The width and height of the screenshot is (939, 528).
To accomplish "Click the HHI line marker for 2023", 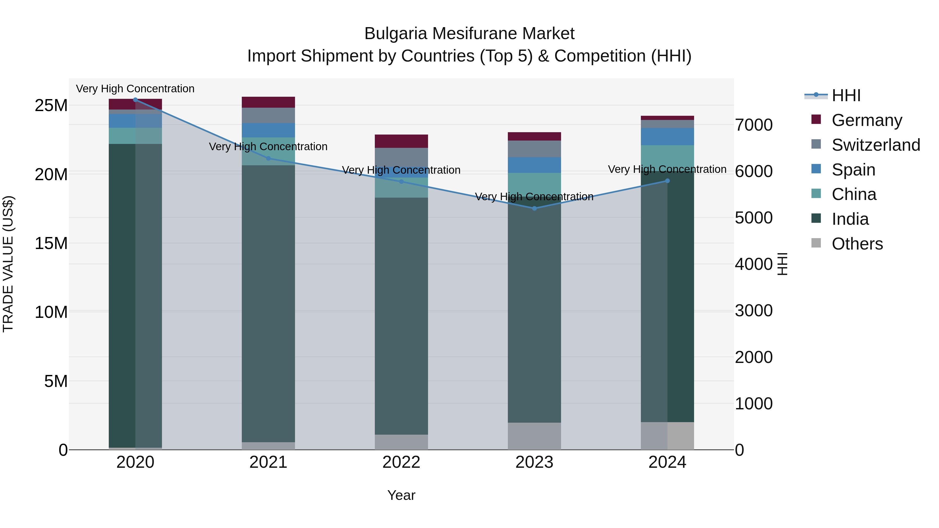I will [x=534, y=208].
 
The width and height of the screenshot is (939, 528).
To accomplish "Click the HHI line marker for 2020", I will [x=135, y=100].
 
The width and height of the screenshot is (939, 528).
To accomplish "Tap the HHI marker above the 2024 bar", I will [x=667, y=181].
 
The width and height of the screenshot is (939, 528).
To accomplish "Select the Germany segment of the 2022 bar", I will [x=401, y=141].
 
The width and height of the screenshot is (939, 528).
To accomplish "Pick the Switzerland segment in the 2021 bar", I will [x=268, y=116].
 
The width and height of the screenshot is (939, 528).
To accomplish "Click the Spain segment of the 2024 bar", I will [x=667, y=137].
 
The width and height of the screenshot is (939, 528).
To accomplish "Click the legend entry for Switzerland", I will [x=876, y=145].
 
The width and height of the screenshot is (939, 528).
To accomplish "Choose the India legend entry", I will [x=850, y=219].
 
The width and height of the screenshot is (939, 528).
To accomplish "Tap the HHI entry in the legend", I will [x=846, y=95].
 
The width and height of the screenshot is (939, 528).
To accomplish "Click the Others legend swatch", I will [x=816, y=243].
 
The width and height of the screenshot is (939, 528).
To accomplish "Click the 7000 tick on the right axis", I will [x=754, y=125].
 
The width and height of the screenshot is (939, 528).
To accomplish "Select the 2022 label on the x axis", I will [x=401, y=462].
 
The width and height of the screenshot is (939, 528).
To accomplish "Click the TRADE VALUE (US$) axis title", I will [x=8, y=264].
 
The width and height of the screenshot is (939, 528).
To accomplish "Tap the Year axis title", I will [x=401, y=495].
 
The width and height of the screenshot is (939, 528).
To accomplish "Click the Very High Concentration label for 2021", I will [x=268, y=147].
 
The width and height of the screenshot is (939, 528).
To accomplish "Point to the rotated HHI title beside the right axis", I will [x=782, y=264].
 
